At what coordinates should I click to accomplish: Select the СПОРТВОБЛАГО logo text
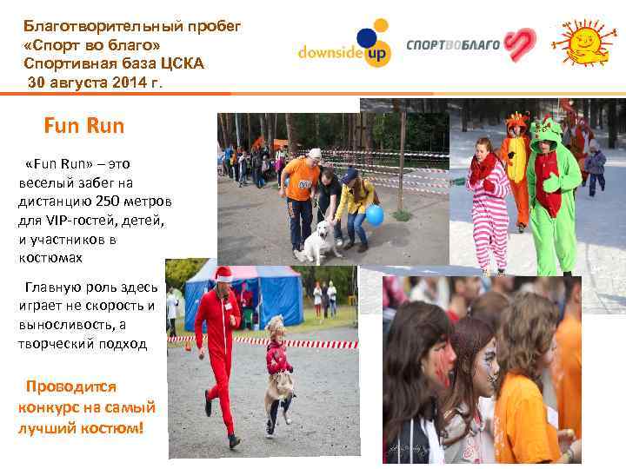pos(454,43)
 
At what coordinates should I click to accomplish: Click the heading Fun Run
pos(83,126)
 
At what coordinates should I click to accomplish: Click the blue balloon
pos(375,214)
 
